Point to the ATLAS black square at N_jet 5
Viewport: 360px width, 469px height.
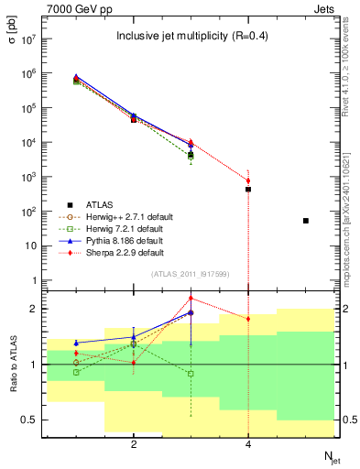click(306, 221)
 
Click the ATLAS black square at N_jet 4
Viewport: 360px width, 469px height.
click(248, 189)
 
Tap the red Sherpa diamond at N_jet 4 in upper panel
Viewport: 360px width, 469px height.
click(248, 180)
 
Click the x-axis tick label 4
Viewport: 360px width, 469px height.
click(248, 444)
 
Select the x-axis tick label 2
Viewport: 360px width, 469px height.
click(134, 444)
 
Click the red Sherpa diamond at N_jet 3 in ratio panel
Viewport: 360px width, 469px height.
click(191, 298)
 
